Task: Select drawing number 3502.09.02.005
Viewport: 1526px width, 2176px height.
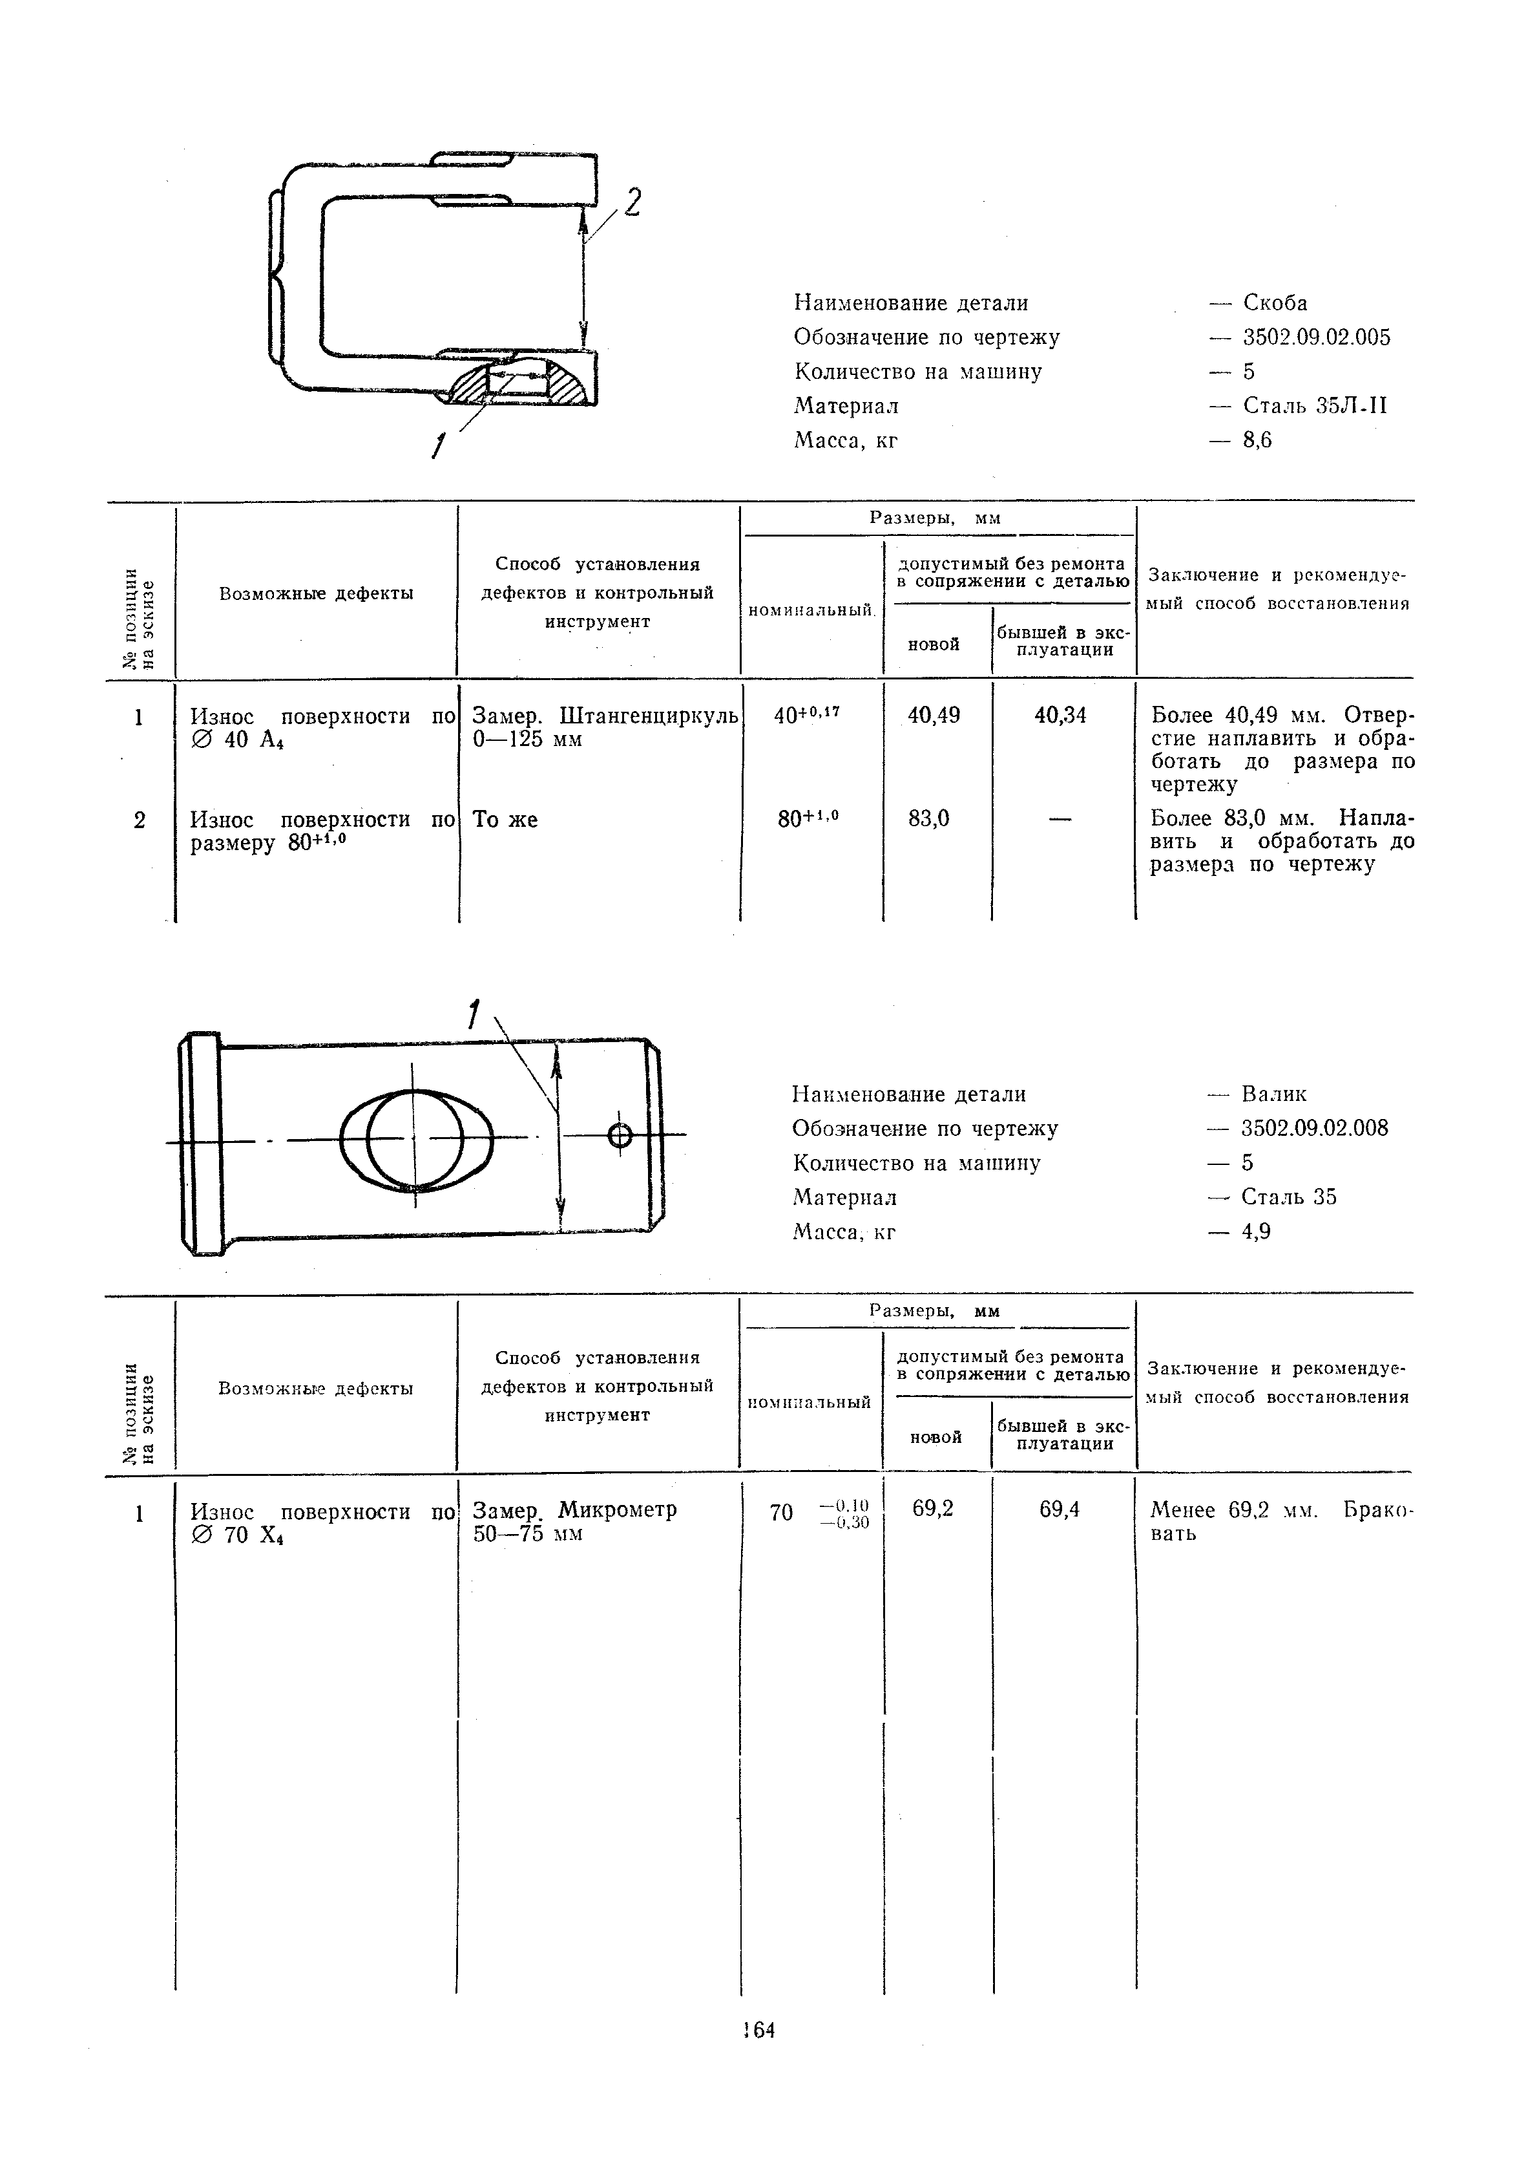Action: (x=1317, y=337)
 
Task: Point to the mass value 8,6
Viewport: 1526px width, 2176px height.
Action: (x=1257, y=441)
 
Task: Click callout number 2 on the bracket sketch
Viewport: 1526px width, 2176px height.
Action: (x=632, y=202)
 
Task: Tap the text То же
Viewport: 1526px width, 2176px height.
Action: (x=505, y=820)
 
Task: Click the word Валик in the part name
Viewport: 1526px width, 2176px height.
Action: (x=1274, y=1094)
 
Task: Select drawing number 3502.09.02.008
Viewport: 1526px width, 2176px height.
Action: (x=1315, y=1129)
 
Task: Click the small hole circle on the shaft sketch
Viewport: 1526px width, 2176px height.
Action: (x=620, y=1135)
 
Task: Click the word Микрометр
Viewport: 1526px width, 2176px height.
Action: (x=618, y=1509)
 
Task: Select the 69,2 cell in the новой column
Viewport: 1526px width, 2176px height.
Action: (x=933, y=1509)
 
